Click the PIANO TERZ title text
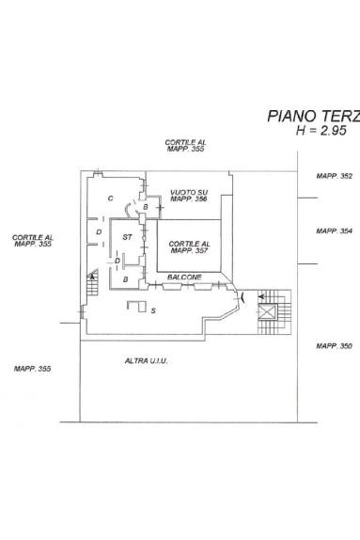314,117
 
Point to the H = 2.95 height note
321,131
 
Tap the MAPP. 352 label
335,176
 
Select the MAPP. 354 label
335,231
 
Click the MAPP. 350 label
335,346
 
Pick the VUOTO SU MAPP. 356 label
189,196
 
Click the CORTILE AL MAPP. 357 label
189,247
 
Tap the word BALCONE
184,278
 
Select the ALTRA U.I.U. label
146,361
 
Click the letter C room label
111,199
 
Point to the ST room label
127,237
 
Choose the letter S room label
153,310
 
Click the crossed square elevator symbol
268,312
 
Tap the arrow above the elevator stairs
262,296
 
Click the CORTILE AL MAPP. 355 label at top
185,145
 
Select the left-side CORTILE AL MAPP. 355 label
33,241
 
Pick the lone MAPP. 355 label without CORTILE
32,369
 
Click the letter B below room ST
126,279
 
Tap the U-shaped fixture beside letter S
137,307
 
